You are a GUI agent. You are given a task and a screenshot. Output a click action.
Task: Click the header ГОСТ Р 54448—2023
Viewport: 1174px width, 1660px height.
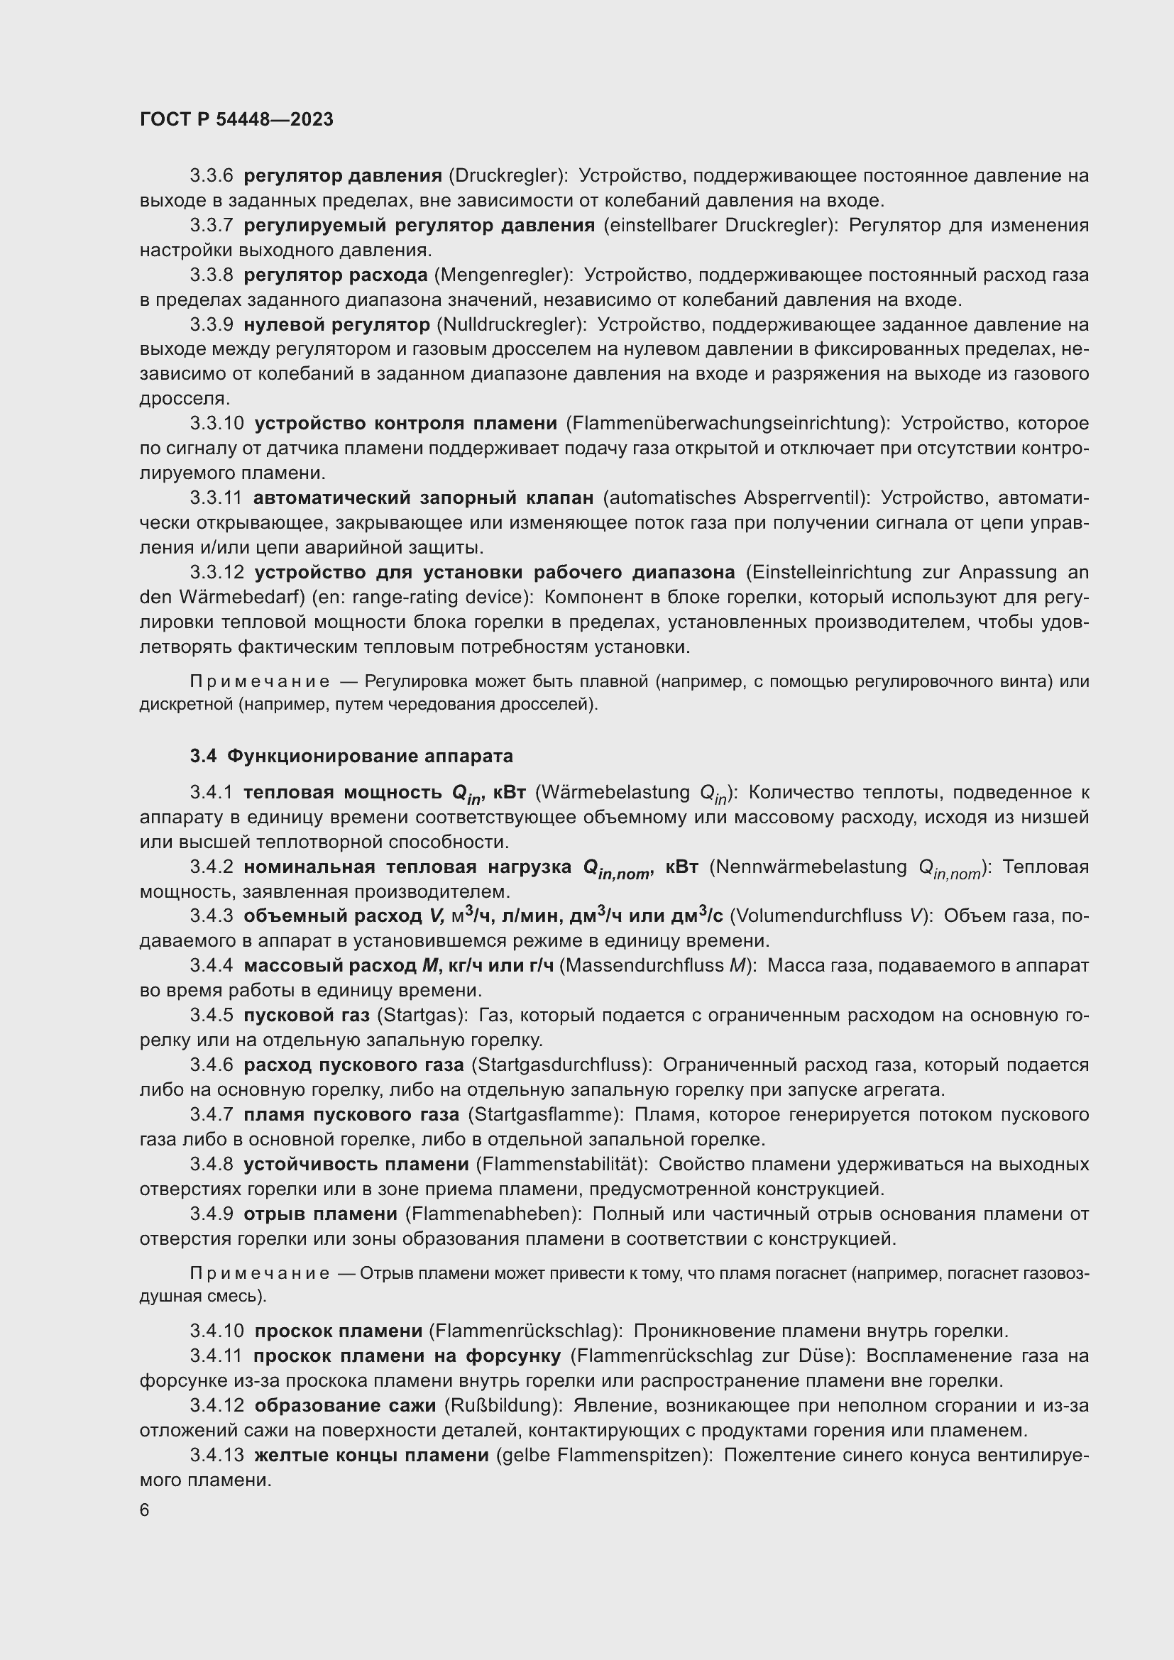236,119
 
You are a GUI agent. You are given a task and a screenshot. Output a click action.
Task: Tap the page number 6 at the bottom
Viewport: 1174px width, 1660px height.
145,1510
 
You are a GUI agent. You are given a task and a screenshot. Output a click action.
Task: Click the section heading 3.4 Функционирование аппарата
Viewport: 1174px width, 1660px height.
351,757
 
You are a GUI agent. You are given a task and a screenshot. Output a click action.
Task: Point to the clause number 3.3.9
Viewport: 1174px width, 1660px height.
211,324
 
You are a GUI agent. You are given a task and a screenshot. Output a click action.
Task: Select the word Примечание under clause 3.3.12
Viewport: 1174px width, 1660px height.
260,682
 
